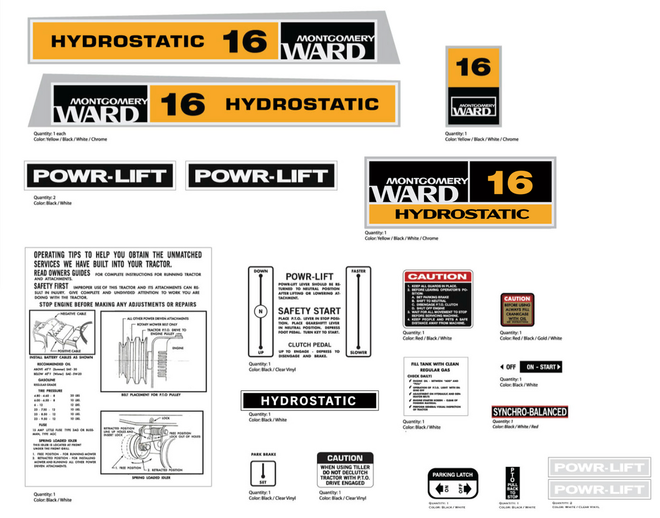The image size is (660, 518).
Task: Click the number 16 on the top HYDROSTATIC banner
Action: click(x=244, y=41)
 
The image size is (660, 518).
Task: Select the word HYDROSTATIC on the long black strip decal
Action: click(x=309, y=401)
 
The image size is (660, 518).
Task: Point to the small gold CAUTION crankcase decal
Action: click(x=517, y=310)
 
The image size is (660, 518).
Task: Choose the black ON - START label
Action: click(x=540, y=367)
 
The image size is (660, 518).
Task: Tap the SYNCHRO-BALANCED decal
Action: click(x=529, y=412)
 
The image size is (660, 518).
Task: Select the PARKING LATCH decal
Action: click(x=452, y=482)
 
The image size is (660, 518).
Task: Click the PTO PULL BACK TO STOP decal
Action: click(x=512, y=483)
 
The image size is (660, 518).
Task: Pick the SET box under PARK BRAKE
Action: click(x=263, y=474)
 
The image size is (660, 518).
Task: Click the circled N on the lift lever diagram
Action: click(x=261, y=311)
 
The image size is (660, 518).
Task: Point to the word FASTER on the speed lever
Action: click(x=358, y=271)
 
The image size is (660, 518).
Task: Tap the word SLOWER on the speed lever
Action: click(x=358, y=352)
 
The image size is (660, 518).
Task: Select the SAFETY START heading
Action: click(x=309, y=311)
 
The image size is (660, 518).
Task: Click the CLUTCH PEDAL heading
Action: click(x=309, y=344)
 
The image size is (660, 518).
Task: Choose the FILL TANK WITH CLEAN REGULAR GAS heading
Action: click(x=435, y=366)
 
